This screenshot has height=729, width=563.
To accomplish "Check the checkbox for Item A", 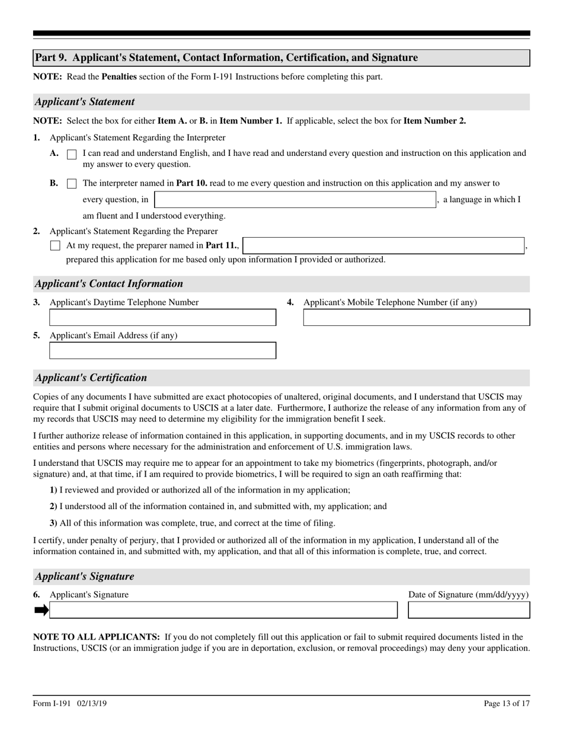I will [x=72, y=154].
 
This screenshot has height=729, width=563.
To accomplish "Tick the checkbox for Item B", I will [x=72, y=184].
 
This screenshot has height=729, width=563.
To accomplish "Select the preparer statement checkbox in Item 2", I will [x=55, y=245].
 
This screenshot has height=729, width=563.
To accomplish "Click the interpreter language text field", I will [x=295, y=200].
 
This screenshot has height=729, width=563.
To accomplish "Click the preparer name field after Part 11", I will [x=383, y=245].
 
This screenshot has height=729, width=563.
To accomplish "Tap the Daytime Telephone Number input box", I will [x=162, y=318].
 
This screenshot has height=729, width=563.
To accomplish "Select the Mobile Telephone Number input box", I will [x=417, y=318].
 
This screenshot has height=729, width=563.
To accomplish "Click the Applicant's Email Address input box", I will [x=162, y=351].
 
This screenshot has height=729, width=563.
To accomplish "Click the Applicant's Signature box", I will [x=223, y=610].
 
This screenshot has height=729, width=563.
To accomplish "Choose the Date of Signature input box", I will [x=469, y=610].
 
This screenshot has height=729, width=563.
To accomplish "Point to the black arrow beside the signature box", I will [x=41, y=610].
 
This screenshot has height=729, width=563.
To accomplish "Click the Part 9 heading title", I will [x=226, y=57].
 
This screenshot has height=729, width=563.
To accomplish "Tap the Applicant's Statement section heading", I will [x=85, y=102].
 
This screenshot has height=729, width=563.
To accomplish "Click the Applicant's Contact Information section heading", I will [x=109, y=284].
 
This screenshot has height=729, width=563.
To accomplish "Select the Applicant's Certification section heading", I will [x=91, y=378].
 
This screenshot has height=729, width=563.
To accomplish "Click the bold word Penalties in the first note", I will [x=119, y=77].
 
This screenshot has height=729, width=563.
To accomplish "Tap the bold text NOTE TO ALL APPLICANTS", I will [x=96, y=637].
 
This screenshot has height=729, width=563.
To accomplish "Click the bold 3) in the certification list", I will [x=53, y=523].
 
